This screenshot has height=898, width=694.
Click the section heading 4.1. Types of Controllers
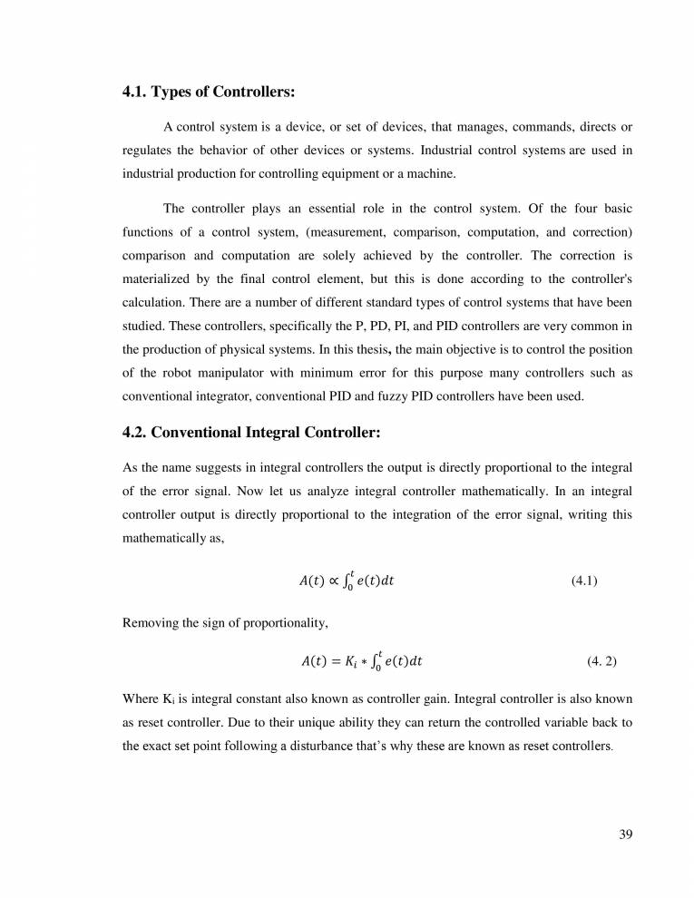pyautogui.click(x=210, y=93)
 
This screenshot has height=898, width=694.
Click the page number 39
pyautogui.click(x=625, y=835)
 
